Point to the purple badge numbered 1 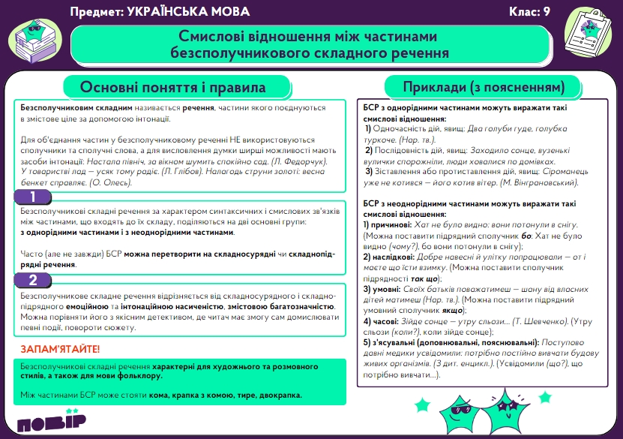pos(33,197)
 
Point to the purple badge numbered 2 pos(33,281)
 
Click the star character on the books pos(35,33)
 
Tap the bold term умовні pos(379,288)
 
